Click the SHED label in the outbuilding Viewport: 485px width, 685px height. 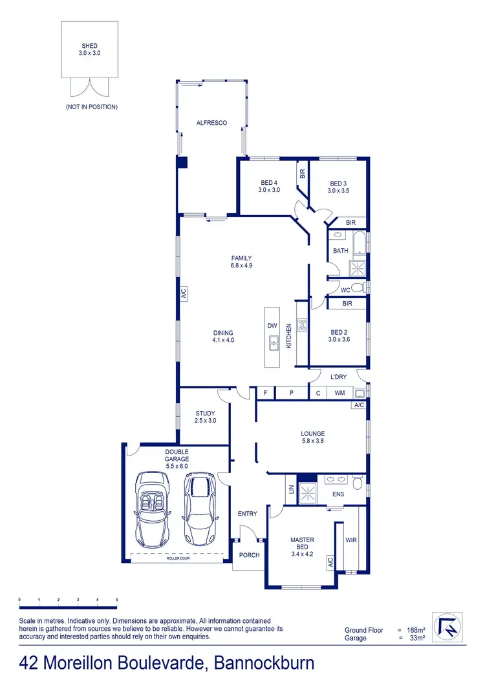coord(89,46)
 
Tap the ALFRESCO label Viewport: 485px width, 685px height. coord(211,122)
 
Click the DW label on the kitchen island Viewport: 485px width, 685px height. coord(272,326)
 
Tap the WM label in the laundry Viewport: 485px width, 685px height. coord(339,393)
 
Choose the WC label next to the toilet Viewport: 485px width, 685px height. coord(345,290)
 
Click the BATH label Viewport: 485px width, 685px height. coord(340,251)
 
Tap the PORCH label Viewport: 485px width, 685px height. coord(249,555)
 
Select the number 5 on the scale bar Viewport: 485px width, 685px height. coord(117,600)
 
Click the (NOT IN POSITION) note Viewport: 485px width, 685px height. coord(91,107)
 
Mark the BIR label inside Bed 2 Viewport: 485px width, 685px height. coord(347,303)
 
